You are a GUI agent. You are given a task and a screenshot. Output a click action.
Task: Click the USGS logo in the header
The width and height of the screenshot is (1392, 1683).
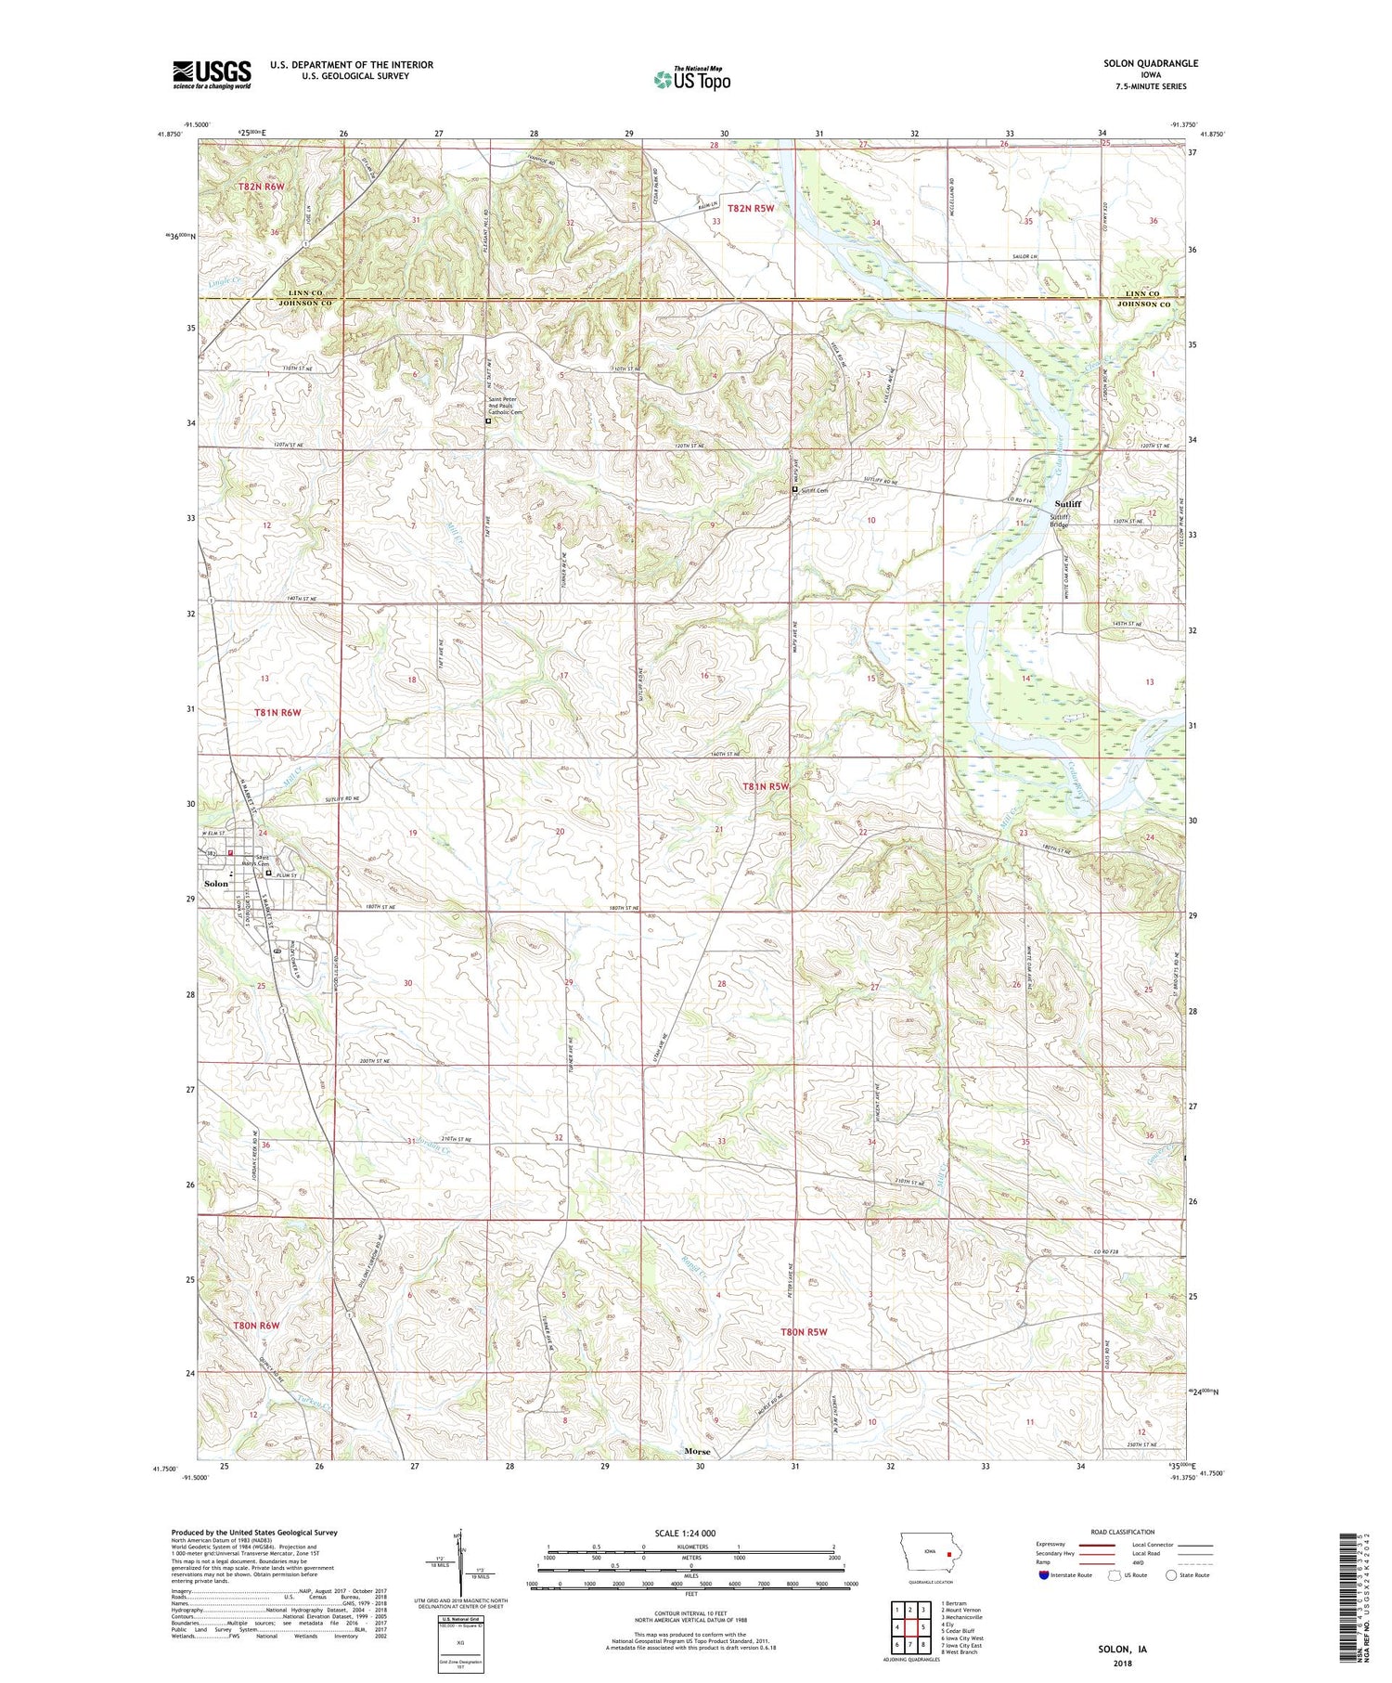tap(212, 74)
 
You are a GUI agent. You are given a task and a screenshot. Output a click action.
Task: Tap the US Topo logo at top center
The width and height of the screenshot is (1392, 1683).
tap(691, 80)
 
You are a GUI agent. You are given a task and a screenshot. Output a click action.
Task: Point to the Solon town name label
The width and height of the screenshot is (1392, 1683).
tap(216, 884)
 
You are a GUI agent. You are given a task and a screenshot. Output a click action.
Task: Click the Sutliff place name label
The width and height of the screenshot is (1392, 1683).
tap(1067, 504)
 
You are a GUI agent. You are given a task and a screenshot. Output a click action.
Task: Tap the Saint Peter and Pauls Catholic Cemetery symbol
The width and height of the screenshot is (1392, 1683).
tap(488, 421)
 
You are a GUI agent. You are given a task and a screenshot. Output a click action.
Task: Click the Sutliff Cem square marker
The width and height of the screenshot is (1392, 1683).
tap(794, 489)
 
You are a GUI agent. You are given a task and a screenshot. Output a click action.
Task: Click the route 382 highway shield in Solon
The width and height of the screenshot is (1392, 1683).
tap(211, 852)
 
